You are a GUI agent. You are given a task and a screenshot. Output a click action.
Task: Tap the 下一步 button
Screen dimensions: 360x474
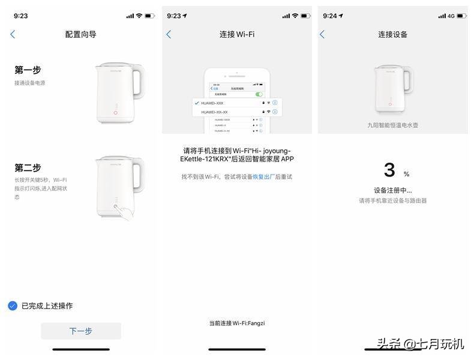pos(80,331)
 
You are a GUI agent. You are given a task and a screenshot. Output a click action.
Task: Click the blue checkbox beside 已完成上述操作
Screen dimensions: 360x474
pos(13,305)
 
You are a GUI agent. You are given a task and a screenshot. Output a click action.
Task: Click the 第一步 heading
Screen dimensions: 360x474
pos(28,70)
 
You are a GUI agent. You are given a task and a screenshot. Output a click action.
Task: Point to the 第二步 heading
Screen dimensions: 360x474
pos(28,167)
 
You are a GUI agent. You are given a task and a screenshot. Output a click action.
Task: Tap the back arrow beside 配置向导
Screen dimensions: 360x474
pos(13,35)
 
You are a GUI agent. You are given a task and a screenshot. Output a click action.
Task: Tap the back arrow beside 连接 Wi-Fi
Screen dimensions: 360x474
pos(169,35)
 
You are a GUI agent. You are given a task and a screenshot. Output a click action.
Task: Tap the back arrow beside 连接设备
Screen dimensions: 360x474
pos(322,35)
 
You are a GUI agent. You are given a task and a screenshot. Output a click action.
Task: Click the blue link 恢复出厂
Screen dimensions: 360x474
pos(263,177)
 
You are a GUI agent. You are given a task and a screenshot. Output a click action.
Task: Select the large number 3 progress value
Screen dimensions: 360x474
pos(389,170)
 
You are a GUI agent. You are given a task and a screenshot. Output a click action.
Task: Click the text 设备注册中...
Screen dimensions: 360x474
pos(392,191)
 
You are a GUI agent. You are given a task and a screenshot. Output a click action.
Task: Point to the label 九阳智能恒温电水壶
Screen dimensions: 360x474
pos(392,125)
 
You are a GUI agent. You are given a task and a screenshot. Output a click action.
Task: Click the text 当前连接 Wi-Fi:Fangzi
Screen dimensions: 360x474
pos(236,323)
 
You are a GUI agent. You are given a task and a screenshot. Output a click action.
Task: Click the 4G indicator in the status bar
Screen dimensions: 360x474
pos(451,16)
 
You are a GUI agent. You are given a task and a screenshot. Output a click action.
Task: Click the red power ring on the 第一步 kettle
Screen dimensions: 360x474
pos(115,112)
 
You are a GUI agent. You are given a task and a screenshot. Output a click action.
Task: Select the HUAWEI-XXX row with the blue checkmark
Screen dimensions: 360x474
pos(228,103)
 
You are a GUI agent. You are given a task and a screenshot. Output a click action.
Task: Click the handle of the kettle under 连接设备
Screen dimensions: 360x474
pos(408,84)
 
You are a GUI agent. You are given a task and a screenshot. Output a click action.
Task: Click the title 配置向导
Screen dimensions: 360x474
pos(80,35)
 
